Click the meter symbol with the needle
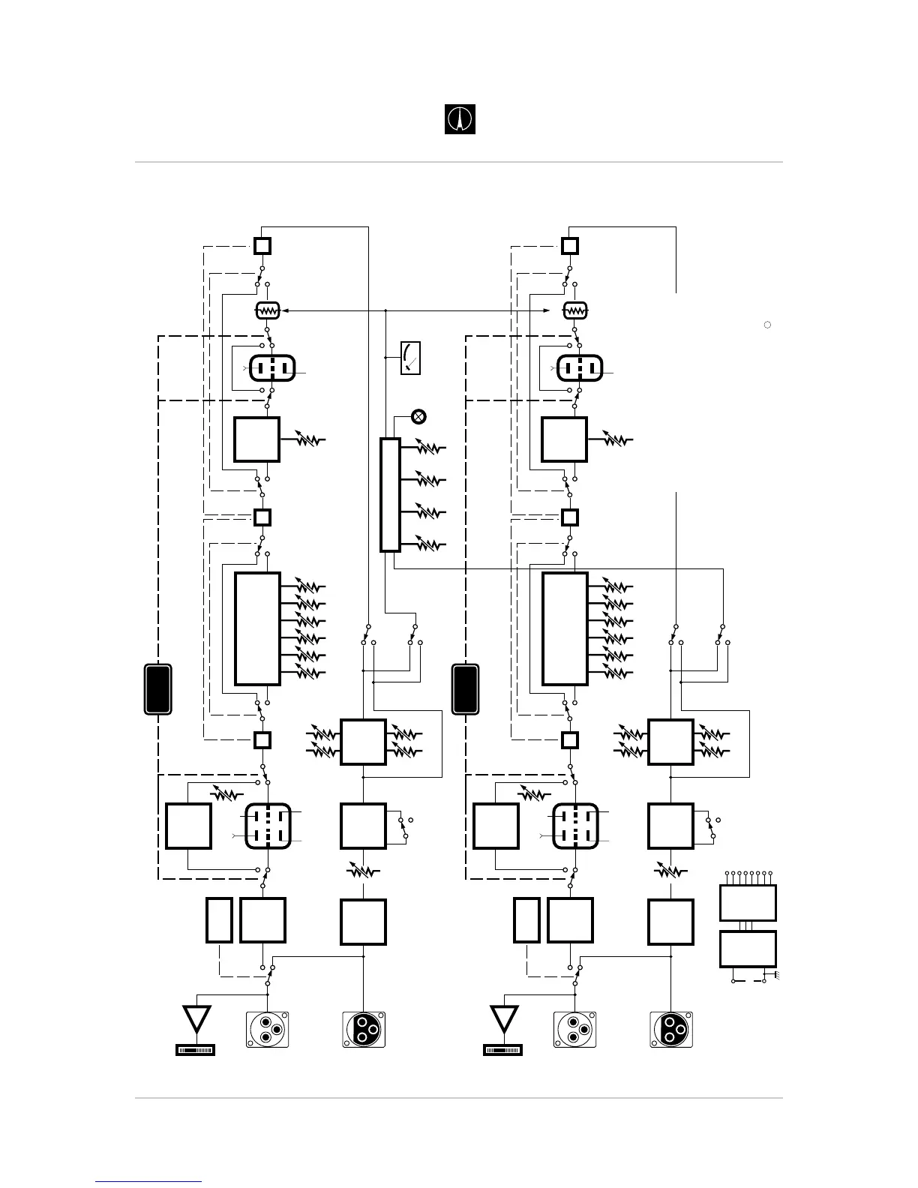(x=410, y=358)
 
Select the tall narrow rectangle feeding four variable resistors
(x=390, y=495)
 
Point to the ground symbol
(x=769, y=976)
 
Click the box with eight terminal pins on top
(x=747, y=902)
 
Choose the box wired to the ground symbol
(x=747, y=949)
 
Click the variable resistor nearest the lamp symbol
(x=427, y=448)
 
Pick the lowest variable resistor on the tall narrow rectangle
(x=427, y=542)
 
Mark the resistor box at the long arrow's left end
(x=267, y=310)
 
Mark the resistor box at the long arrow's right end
(x=575, y=310)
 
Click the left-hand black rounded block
(x=157, y=688)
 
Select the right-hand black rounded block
(x=466, y=688)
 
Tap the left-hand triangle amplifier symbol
(x=196, y=1020)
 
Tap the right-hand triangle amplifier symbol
(x=504, y=1020)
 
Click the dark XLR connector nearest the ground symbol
(x=671, y=1029)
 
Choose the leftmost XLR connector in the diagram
(x=267, y=1029)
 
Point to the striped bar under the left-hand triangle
(x=195, y=1050)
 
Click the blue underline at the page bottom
(x=148, y=1183)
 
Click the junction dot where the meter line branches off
(x=385, y=358)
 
